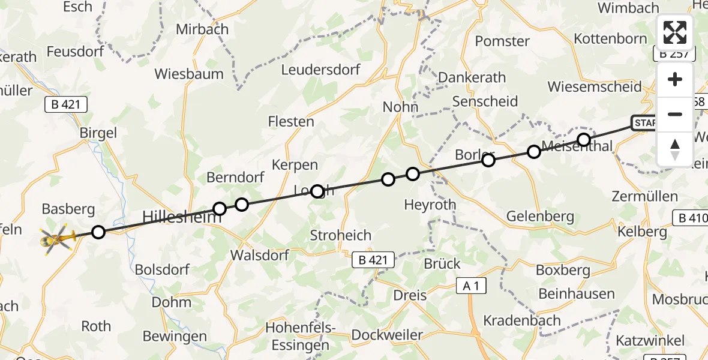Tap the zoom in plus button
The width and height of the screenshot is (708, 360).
(675, 80)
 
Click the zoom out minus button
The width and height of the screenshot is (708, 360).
(675, 114)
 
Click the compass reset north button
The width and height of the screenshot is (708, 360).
(675, 148)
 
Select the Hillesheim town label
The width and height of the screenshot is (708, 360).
(181, 217)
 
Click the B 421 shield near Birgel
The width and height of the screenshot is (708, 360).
(66, 104)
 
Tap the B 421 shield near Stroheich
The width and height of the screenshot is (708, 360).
(373, 260)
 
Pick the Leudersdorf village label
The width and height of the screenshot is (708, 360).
(321, 70)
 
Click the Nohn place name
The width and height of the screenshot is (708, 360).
(401, 107)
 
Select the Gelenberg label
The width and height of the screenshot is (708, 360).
(540, 216)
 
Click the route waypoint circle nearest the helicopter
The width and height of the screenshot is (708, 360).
(98, 232)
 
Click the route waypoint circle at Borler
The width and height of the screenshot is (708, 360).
(488, 160)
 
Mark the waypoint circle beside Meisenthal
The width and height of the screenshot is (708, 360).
(584, 140)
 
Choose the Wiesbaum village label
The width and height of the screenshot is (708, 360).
(189, 74)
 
